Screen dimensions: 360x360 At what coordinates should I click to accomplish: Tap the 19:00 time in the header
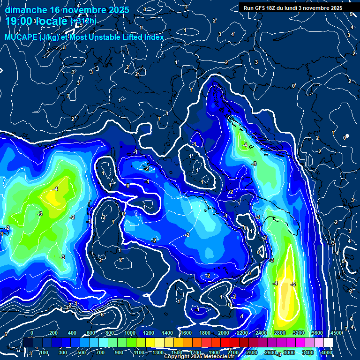(x=19, y=21)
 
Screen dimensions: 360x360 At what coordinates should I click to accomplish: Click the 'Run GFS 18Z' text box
(x=260, y=8)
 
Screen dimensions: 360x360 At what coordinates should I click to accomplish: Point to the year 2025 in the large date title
(x=119, y=9)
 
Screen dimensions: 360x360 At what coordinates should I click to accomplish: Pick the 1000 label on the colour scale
(x=129, y=333)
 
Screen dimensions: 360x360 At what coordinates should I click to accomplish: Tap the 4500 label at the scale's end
(x=336, y=333)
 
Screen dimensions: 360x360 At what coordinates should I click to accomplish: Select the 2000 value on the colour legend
(x=224, y=333)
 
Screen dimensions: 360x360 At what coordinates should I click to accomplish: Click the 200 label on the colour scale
(x=54, y=333)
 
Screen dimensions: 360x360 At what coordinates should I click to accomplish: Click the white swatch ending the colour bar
(x=328, y=343)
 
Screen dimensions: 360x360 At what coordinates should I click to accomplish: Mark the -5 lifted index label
(x=293, y=284)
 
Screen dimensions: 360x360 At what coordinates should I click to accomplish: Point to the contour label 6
(x=102, y=315)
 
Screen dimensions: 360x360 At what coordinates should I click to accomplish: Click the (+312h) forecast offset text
(x=83, y=21)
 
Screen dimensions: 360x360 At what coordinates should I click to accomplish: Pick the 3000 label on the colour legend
(x=289, y=352)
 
